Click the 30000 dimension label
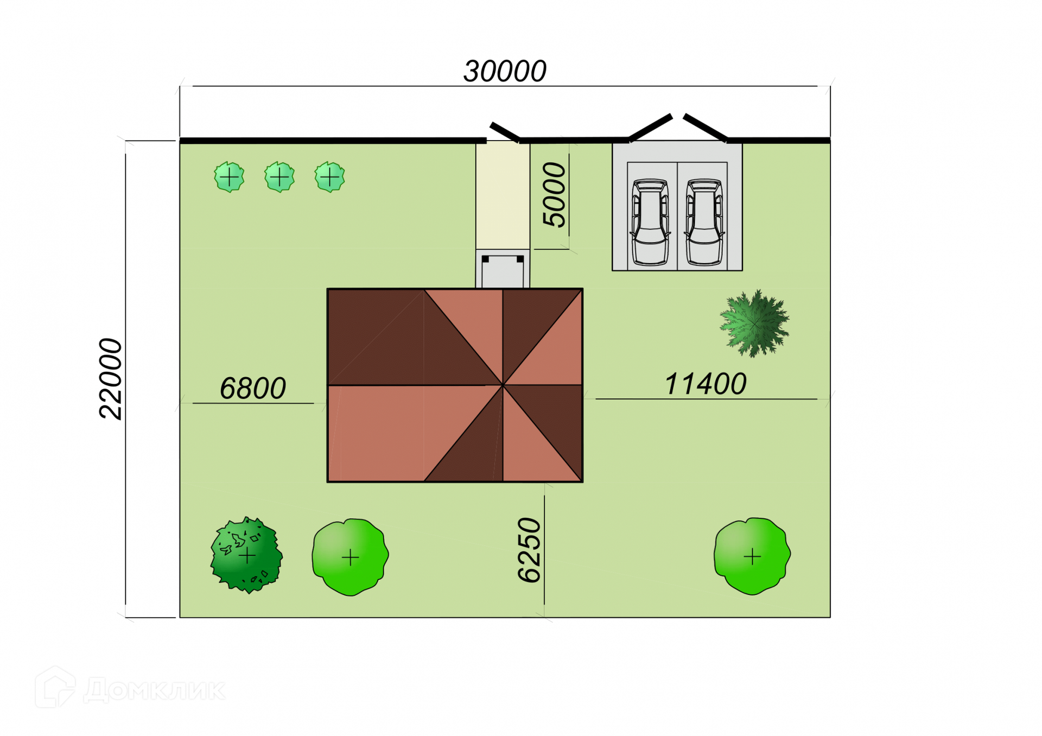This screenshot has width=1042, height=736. pos(505,72)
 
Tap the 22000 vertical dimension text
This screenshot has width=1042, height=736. pos(111,378)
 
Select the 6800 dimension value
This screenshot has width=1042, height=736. pos(252,389)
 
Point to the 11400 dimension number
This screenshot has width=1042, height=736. pos(705,384)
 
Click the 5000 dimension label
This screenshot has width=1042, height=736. pos(554,194)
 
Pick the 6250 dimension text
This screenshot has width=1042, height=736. pos(529,550)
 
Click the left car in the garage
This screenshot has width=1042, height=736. pos(650,223)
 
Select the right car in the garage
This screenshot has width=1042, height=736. pos(704,223)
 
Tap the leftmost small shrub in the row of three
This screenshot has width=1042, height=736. pos(229,177)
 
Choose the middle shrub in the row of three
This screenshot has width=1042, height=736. pos(279,177)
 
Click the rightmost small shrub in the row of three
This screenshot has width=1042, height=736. pos(329,177)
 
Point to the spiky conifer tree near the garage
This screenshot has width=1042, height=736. pos(754,323)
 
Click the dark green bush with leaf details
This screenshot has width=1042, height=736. pos(246,555)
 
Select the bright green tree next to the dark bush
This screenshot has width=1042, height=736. pos(350,557)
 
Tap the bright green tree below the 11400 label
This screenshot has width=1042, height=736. pos(752,556)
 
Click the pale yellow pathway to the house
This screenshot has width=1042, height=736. pos(503,195)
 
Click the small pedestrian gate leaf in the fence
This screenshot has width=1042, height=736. pos(505,132)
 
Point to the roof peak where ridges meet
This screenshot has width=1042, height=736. pos(503,385)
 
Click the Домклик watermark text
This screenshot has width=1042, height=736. pos(155,690)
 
